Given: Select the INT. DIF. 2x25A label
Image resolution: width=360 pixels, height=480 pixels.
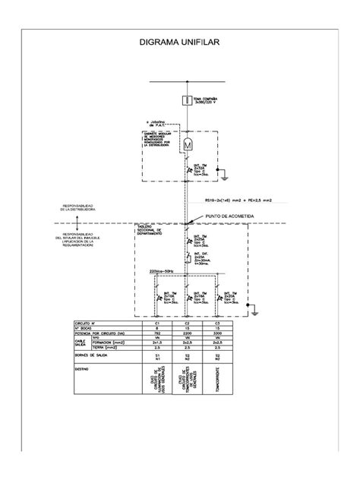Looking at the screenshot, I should pyautogui.click(x=201, y=259).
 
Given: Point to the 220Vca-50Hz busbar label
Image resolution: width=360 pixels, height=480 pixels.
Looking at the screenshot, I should pyautogui.click(x=159, y=271).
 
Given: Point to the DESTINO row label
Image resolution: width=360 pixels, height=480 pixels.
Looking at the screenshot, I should pyautogui.click(x=81, y=368).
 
